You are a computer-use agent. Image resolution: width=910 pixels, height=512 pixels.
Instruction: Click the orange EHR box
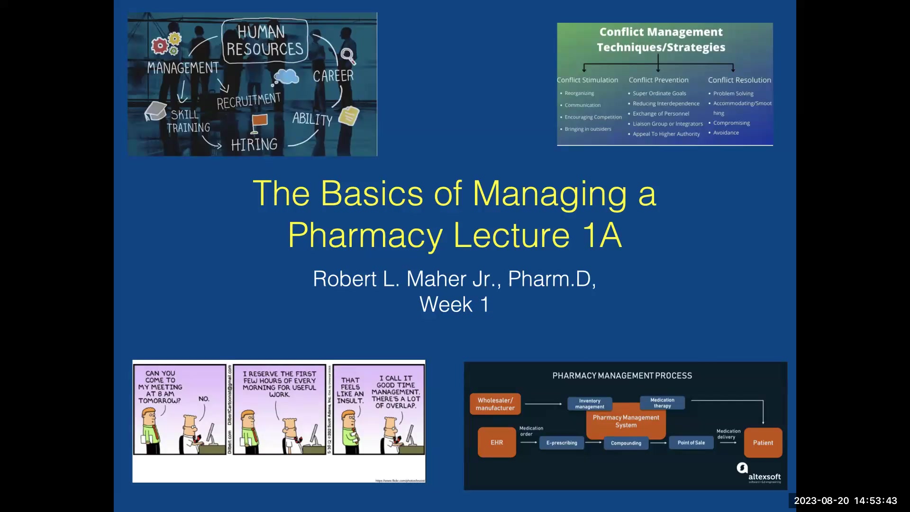click(497, 442)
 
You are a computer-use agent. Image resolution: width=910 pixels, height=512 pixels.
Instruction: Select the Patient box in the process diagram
click(763, 443)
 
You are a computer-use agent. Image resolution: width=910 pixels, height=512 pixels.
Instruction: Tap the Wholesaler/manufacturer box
click(495, 404)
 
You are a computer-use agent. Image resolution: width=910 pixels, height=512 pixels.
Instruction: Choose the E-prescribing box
click(562, 443)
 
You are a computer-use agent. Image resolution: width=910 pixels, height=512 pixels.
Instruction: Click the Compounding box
click(626, 443)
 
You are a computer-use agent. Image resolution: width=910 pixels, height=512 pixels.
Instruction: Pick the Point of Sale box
click(691, 443)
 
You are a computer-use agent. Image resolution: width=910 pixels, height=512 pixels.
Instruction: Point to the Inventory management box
click(590, 403)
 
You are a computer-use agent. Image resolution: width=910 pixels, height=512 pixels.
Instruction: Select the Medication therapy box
click(662, 402)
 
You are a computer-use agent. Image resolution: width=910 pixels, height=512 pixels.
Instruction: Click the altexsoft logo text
click(764, 476)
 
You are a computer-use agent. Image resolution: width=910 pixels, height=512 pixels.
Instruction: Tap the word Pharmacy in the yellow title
click(365, 235)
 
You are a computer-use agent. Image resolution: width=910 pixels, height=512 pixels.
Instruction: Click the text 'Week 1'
click(454, 304)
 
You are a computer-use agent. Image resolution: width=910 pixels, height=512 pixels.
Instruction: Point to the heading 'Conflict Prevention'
click(658, 80)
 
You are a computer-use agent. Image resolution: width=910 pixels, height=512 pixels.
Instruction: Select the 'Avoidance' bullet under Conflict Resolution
click(726, 133)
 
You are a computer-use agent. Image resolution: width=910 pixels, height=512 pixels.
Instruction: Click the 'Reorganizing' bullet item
click(579, 93)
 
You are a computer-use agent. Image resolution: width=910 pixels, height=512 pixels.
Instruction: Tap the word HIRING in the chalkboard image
click(254, 145)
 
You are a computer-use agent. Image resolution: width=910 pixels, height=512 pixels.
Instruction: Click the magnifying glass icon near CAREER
click(347, 56)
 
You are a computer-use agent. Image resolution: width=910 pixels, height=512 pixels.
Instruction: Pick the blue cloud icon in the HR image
click(286, 76)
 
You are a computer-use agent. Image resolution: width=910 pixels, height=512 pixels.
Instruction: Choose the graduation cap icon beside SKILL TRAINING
click(155, 111)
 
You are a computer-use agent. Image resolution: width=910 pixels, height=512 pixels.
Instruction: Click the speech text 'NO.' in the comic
click(204, 399)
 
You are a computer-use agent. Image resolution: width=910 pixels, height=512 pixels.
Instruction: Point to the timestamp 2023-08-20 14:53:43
click(845, 501)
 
